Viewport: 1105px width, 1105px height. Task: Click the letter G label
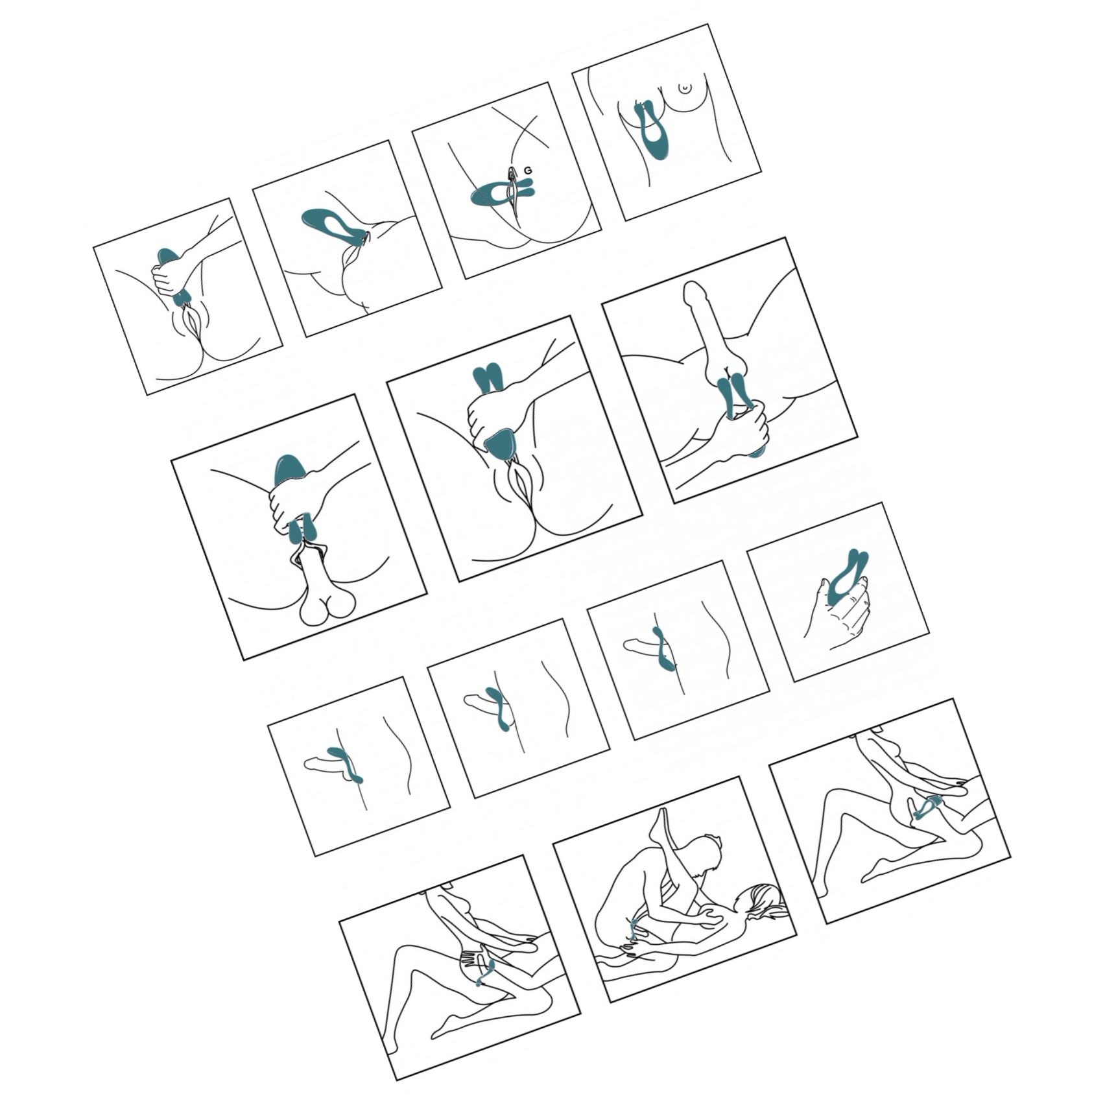(x=528, y=171)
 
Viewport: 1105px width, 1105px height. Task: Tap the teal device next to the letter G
(x=501, y=193)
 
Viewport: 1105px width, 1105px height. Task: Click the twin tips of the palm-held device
(x=859, y=558)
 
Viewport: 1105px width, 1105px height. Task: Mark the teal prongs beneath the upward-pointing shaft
(x=733, y=396)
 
